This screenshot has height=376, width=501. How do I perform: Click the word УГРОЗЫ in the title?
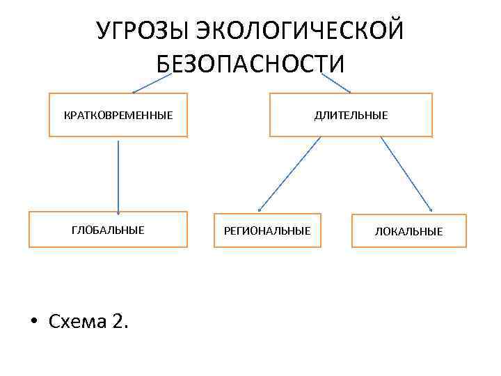pos(141,31)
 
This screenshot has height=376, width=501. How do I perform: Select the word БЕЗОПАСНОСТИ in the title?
pos(250,63)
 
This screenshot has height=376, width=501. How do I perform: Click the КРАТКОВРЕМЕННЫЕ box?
pos(118,115)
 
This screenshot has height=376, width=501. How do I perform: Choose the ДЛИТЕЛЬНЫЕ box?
pos(351,115)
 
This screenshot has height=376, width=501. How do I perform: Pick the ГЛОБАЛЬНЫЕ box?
pos(108,230)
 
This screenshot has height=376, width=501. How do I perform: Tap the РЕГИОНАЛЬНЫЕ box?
pos(267,230)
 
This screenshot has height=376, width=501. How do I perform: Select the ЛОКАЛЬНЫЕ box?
pos(408,230)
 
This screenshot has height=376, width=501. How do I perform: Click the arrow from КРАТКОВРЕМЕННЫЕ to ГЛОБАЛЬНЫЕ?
pos(118,174)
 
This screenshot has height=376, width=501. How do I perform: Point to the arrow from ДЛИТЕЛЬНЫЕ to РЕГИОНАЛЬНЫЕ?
pos(289,174)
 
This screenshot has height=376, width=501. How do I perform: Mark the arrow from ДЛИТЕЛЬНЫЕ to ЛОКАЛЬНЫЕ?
pos(407,174)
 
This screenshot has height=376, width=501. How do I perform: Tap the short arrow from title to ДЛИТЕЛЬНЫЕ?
pos(335,84)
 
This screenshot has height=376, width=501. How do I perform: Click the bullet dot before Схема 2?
pos(33,322)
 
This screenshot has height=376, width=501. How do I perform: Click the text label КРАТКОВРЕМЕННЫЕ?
pos(118,115)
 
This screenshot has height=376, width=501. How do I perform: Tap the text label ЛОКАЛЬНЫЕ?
pos(408,231)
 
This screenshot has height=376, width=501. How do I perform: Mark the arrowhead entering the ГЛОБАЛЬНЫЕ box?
pos(118,211)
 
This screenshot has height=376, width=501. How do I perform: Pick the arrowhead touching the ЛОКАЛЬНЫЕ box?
pos(431,210)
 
